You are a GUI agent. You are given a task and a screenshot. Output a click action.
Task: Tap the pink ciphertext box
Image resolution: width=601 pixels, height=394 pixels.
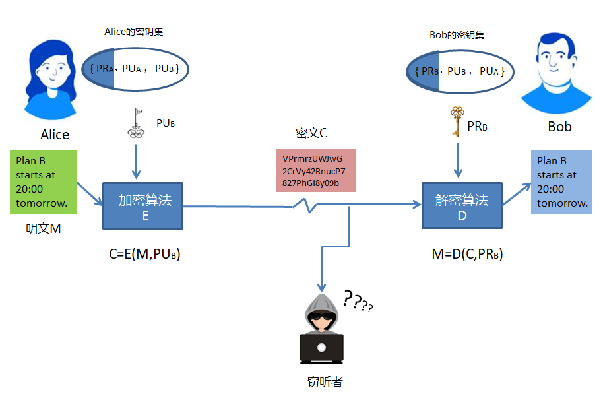(315, 171)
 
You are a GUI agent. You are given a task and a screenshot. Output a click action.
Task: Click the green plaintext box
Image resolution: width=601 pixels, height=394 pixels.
(43, 182)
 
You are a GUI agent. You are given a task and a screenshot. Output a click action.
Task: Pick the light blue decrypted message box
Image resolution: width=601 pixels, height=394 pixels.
(562, 182)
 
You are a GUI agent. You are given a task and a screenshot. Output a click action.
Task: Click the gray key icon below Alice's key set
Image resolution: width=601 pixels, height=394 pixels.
(137, 123)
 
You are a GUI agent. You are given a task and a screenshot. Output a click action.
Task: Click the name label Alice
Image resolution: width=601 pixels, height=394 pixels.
(55, 135)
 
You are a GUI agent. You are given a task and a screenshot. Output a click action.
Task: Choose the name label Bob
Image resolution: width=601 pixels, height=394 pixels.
(559, 126)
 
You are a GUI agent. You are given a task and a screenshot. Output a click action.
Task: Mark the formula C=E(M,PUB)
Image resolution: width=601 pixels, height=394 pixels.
(144, 255)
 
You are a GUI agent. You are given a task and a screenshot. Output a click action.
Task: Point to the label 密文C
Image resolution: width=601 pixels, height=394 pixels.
(311, 133)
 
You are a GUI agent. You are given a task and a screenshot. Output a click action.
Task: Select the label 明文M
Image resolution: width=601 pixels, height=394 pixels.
(43, 228)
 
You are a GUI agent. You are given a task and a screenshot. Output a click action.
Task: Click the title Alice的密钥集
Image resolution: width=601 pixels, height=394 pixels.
(135, 32)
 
